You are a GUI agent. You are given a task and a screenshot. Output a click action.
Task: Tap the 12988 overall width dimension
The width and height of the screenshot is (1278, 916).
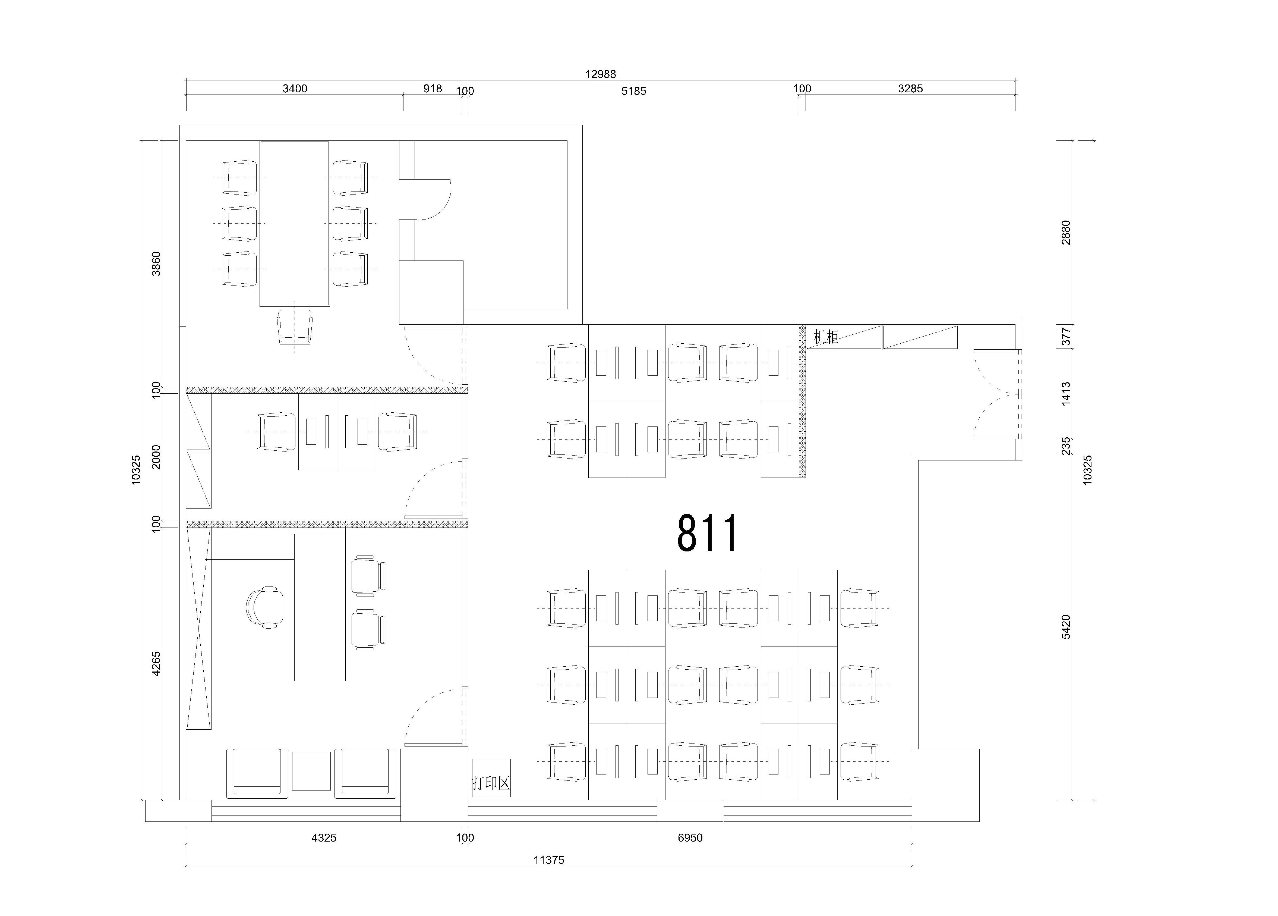(x=601, y=74)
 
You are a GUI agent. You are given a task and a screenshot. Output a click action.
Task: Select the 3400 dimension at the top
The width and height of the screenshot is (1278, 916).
(x=295, y=89)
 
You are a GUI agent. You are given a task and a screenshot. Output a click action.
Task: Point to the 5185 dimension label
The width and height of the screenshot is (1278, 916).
(x=634, y=91)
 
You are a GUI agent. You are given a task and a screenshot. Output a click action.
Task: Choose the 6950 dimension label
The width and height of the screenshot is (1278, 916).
(x=690, y=838)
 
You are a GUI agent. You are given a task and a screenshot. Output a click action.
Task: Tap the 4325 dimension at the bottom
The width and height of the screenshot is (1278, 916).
(x=324, y=838)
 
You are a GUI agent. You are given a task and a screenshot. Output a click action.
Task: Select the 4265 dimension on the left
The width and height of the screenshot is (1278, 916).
(x=156, y=663)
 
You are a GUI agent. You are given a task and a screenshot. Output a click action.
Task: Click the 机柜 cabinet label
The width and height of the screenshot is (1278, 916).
(x=826, y=337)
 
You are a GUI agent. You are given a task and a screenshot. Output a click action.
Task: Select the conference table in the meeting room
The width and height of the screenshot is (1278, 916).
(x=295, y=224)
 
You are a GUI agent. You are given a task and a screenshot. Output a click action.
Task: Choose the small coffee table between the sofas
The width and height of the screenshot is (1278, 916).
(x=311, y=771)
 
